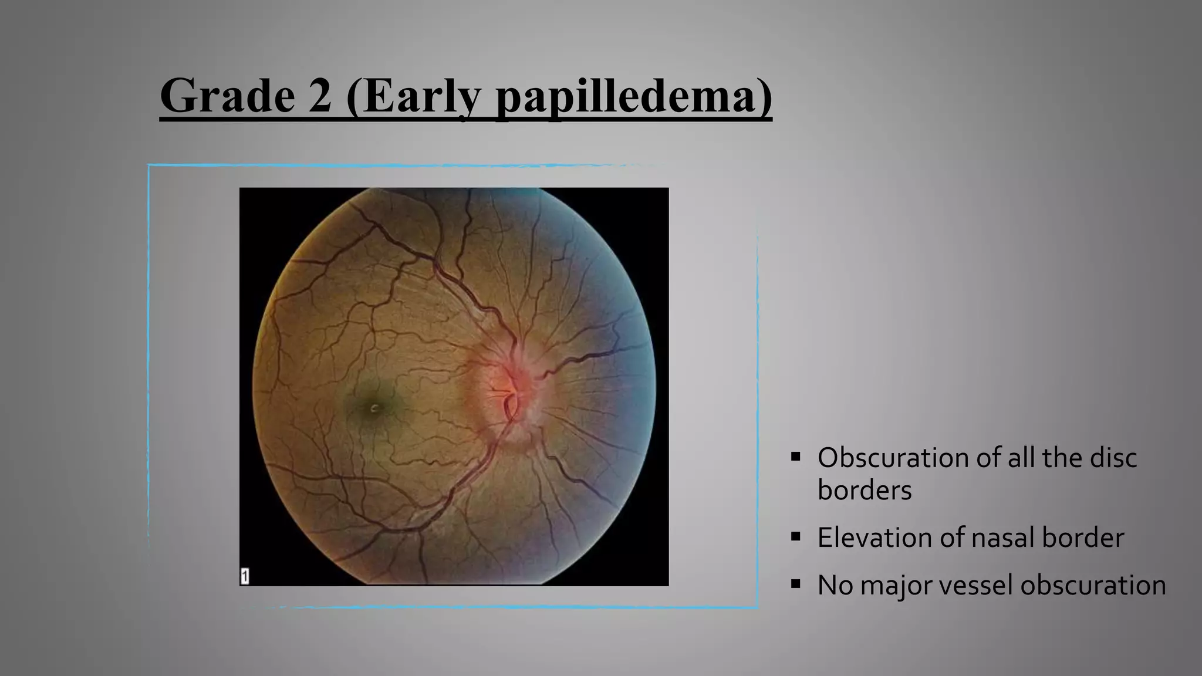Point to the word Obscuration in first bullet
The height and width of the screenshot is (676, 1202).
(893, 458)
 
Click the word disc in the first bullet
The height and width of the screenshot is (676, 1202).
(1113, 458)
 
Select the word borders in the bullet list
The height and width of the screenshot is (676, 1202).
(865, 490)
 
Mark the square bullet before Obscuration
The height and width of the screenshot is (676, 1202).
(796, 457)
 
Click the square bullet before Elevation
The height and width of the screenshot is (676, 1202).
(796, 536)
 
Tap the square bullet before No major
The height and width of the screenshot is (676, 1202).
(796, 584)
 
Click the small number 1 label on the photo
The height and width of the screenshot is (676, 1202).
(245, 576)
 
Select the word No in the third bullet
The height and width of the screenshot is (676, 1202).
(835, 585)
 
